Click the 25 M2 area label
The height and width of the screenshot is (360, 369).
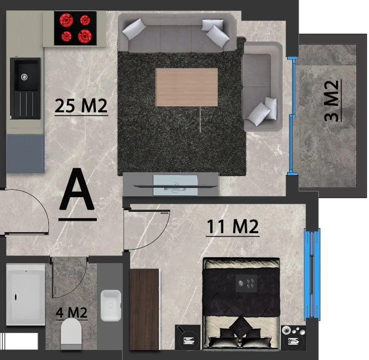[x=81, y=106]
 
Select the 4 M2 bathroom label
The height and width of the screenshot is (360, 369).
[x=71, y=313]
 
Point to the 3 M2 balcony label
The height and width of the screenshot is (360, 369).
[x=332, y=101]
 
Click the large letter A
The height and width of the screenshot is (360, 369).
[x=77, y=189]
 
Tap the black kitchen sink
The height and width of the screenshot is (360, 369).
[x=25, y=88]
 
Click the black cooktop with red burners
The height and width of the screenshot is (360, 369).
[x=75, y=28]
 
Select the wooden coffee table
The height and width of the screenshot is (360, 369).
[x=187, y=87]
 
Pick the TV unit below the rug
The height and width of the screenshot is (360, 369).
[x=171, y=184]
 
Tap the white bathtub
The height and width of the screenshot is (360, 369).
[x=25, y=295]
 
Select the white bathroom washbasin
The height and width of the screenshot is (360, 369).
[x=111, y=306]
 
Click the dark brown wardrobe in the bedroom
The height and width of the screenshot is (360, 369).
[x=145, y=309]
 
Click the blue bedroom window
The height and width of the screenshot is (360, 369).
[x=312, y=274]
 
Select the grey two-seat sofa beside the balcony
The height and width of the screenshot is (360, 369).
[x=263, y=86]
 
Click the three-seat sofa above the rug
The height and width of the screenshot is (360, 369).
[x=177, y=32]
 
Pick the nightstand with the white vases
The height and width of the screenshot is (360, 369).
[x=294, y=338]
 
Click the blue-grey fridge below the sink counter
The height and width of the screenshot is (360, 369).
[x=25, y=154]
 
